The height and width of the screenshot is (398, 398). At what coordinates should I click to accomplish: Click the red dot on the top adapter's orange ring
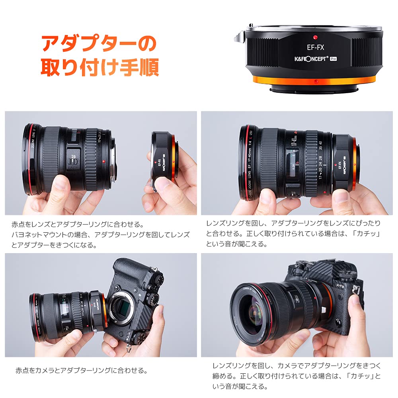(315, 81)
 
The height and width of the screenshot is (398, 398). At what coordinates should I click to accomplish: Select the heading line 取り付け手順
(99, 68)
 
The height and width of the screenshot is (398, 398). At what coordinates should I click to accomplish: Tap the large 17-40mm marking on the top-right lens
(295, 144)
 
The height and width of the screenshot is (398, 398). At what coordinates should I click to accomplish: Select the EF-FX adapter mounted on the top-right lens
(344, 163)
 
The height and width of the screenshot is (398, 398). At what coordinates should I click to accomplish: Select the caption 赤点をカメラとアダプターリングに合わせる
(82, 370)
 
